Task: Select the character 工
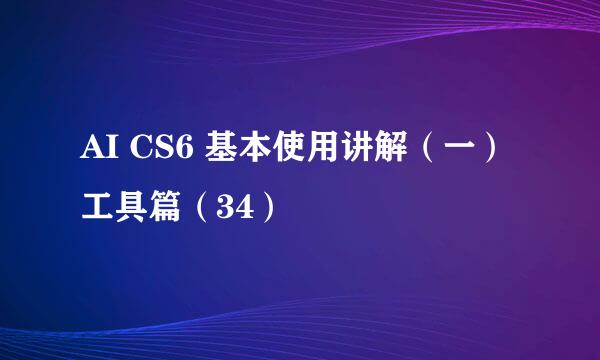pos(97,207)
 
